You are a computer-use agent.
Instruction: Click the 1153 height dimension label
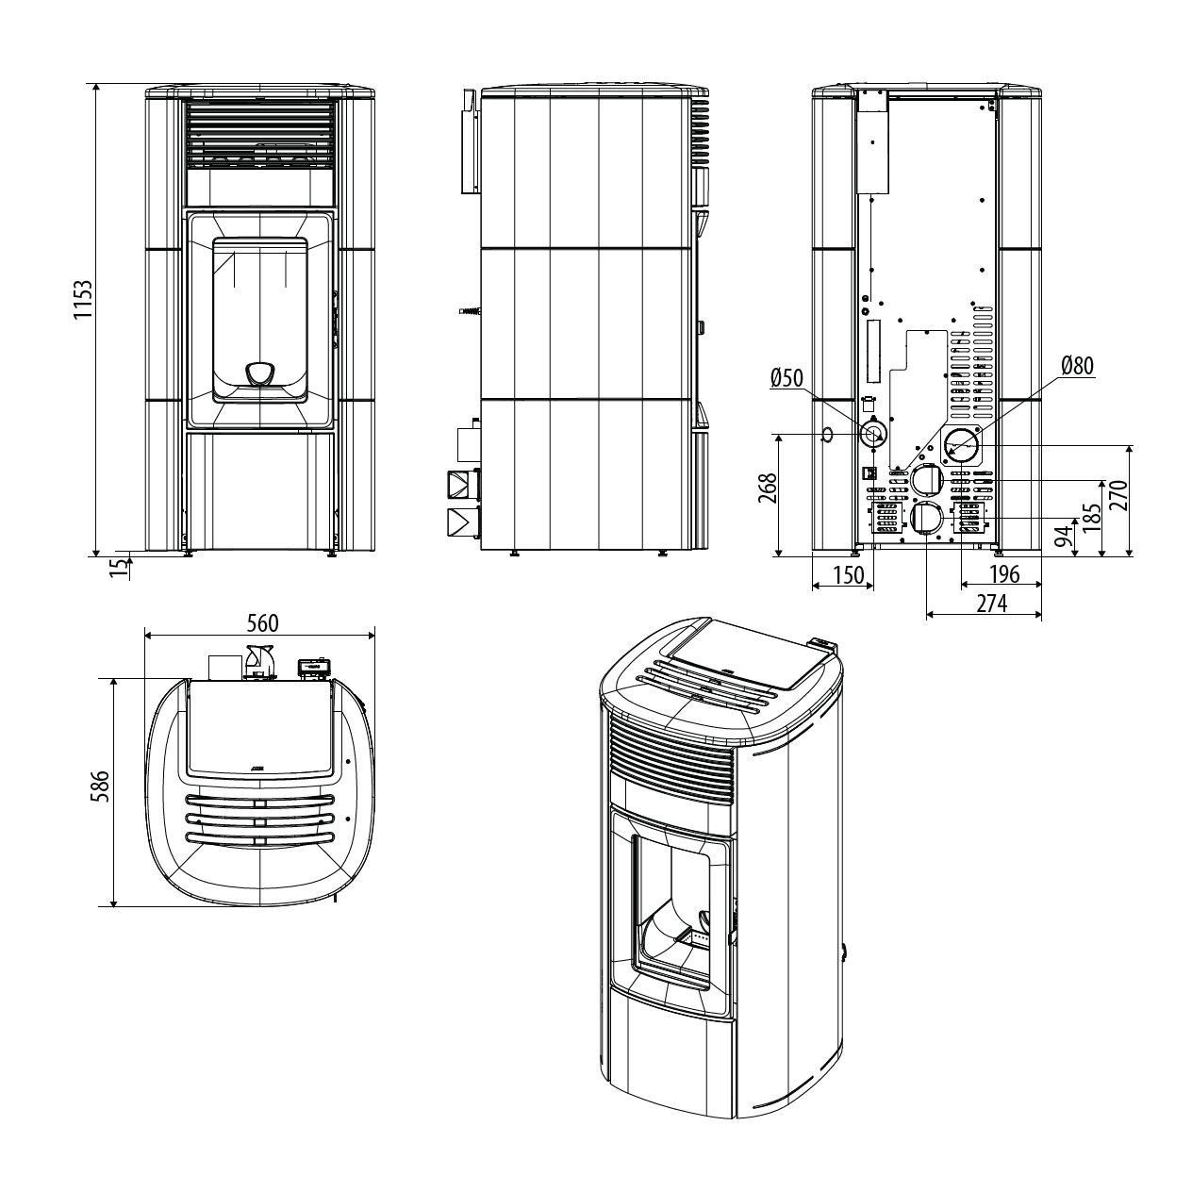tap(82, 299)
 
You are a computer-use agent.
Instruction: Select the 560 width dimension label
tap(263, 623)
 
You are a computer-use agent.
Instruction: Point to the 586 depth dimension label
tap(100, 786)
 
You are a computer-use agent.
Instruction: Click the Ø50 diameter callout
tap(787, 378)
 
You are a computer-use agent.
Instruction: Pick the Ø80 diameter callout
tap(1078, 366)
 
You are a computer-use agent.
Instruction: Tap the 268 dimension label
tap(768, 488)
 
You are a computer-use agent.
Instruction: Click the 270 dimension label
tap(1120, 495)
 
